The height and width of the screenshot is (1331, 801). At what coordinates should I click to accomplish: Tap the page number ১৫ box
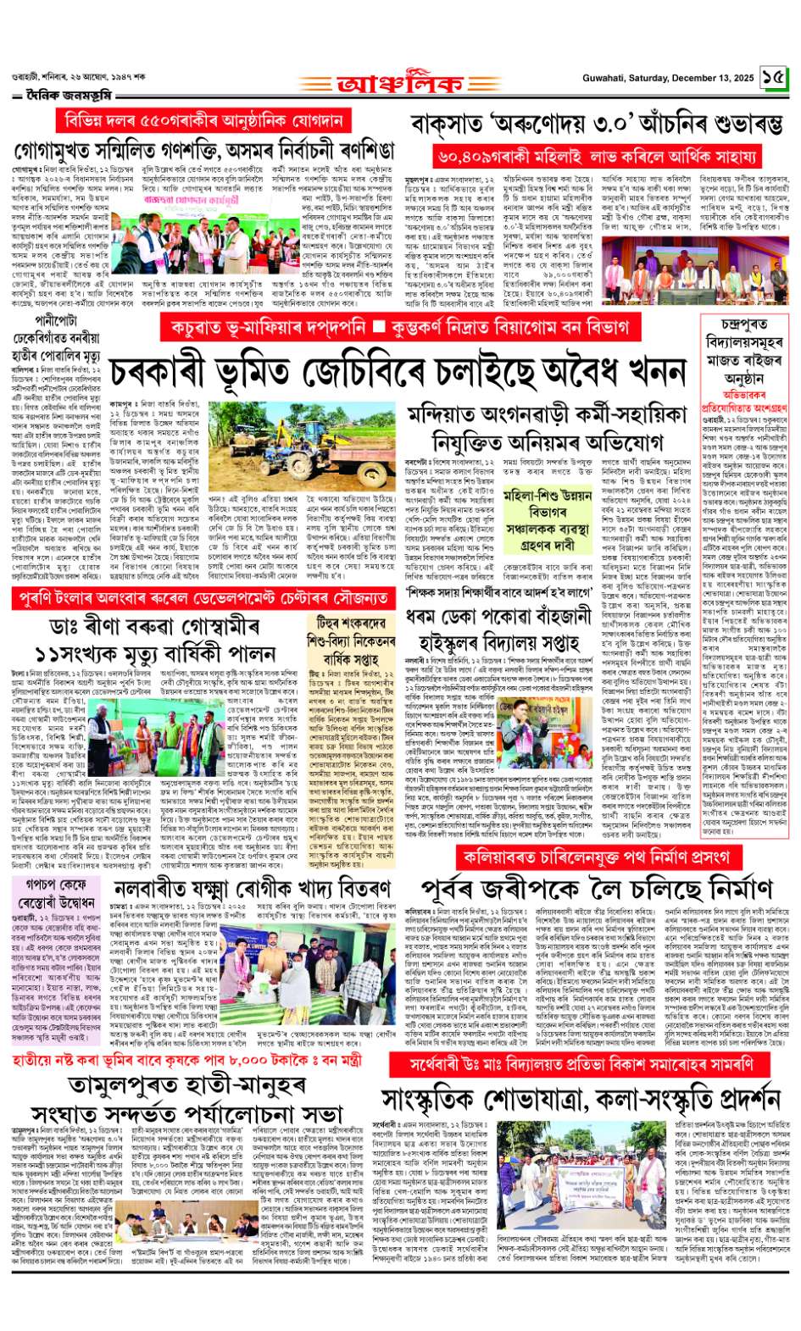point(774,78)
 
